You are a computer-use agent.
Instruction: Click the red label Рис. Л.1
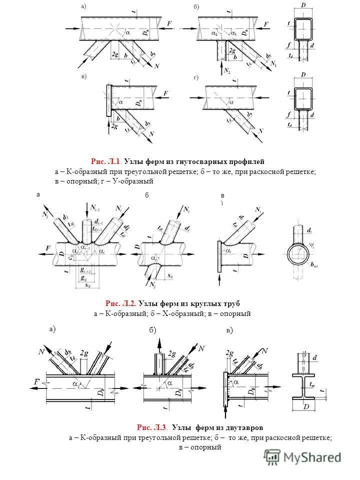pyautogui.click(x=105, y=161)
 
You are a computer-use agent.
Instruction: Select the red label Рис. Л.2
pyautogui.click(x=120, y=303)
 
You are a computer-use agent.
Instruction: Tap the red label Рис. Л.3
pyautogui.click(x=152, y=427)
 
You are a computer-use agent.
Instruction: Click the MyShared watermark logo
pyautogui.click(x=303, y=456)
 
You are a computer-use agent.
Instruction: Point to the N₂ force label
pyautogui.click(x=227, y=69)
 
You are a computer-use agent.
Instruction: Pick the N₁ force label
pyautogui.click(x=273, y=64)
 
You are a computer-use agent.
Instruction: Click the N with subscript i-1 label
pyautogui.click(x=96, y=207)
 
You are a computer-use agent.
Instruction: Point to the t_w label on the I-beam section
pyautogui.click(x=312, y=384)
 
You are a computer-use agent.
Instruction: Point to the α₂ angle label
pyautogui.click(x=215, y=33)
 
